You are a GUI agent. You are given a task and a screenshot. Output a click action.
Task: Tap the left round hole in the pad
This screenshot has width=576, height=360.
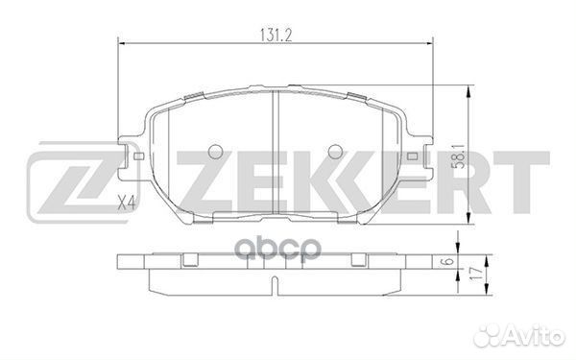pyautogui.click(x=215, y=151)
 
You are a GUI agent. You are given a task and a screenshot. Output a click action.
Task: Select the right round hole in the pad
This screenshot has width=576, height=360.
pyautogui.click(x=334, y=151)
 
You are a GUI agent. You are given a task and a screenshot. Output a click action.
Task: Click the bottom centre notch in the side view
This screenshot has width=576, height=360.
pyautogui.click(x=275, y=286)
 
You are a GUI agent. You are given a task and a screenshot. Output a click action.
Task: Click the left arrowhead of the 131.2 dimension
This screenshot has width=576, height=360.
pyautogui.click(x=121, y=40)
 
